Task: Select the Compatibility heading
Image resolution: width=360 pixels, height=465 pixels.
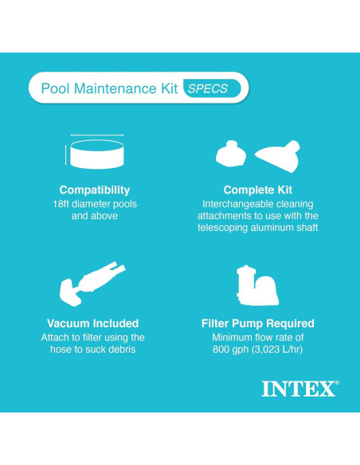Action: click(x=95, y=190)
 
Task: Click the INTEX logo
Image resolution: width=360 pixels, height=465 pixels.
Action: click(x=299, y=389)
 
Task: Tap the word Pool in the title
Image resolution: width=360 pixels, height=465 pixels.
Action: click(x=54, y=88)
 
